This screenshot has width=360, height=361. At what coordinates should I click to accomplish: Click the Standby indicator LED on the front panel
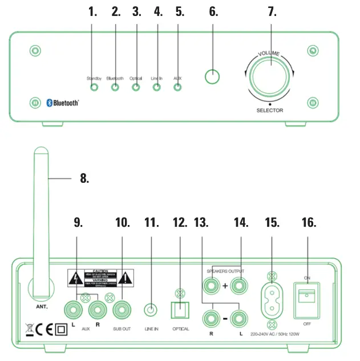point(94,87)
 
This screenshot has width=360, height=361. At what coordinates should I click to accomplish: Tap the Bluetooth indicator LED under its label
point(115,87)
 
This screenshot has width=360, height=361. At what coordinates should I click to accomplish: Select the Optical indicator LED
point(136,87)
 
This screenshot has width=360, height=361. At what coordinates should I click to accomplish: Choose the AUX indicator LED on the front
point(177,87)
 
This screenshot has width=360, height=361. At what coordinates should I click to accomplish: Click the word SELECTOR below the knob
point(269,110)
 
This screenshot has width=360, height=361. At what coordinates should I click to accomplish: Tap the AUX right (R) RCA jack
point(98,311)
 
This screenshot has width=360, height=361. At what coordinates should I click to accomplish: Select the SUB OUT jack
point(121,311)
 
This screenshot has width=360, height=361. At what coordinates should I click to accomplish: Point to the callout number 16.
point(308,223)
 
